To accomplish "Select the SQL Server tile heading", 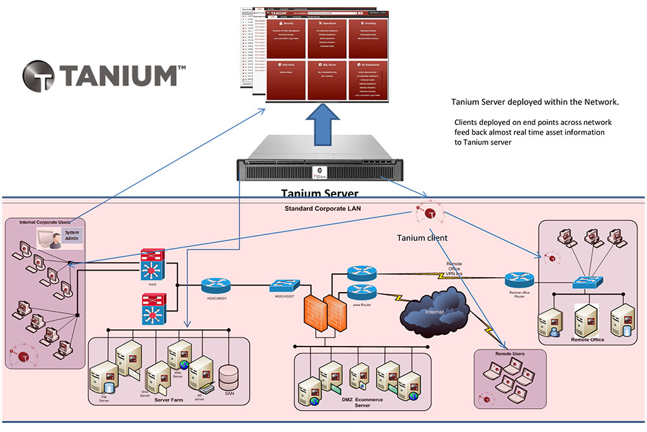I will tap(329, 65).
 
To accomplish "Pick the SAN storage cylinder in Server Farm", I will tap(229, 376).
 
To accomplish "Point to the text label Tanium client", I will tap(422, 238).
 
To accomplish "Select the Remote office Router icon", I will tap(520, 279).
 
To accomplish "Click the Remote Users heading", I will tap(510, 354).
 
